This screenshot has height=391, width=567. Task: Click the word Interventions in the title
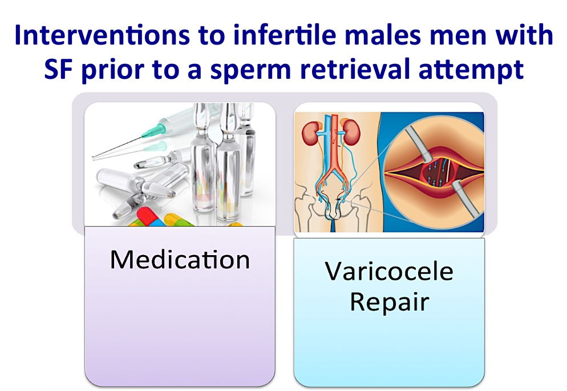coord(102,35)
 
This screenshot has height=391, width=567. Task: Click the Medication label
coord(180,259)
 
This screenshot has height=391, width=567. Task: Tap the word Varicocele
coord(388,271)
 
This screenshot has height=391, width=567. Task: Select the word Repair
coord(390,302)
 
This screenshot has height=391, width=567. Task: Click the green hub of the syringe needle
coord(151,131)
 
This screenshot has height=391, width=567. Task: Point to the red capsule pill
coord(145,216)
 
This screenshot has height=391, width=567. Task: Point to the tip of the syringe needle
coord(92,158)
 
